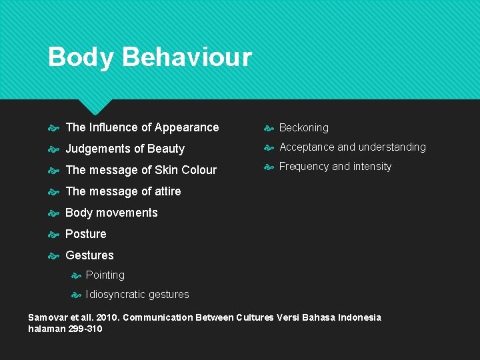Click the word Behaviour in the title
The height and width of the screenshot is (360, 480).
(187, 57)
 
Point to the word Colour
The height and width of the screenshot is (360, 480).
(199, 170)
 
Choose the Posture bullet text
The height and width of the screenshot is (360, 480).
(85, 234)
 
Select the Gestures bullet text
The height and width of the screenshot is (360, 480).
(89, 255)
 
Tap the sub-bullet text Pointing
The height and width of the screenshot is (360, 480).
(105, 275)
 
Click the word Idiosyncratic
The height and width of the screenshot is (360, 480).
(115, 295)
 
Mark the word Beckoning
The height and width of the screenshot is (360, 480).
(303, 127)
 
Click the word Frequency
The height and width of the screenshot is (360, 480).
(304, 166)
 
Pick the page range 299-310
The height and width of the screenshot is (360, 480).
(85, 329)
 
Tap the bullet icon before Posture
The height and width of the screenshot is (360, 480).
(55, 234)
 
